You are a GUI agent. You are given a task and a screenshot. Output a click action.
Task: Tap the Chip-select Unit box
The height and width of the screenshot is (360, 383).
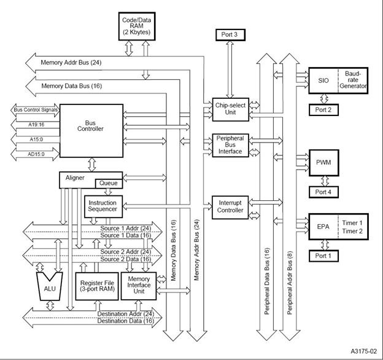click(229, 109)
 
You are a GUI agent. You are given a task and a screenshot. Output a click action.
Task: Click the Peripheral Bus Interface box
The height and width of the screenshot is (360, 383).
click(229, 146)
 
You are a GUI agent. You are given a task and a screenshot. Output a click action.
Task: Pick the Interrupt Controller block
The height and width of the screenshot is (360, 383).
click(229, 207)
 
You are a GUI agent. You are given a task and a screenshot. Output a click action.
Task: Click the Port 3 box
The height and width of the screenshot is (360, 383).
click(229, 34)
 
